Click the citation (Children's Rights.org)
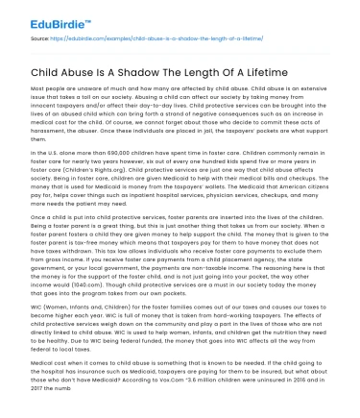90,168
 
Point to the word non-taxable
233,269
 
